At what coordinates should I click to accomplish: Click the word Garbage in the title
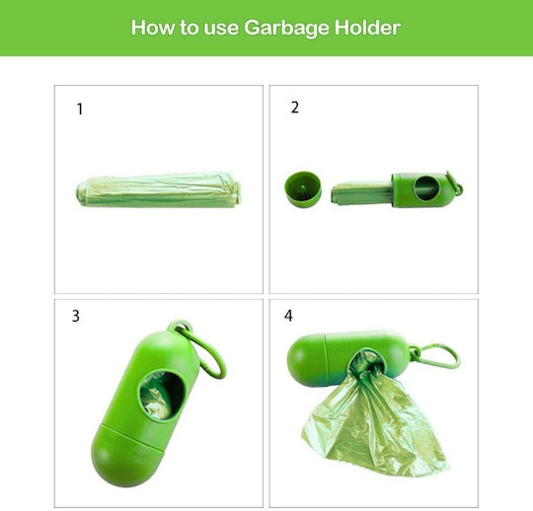tap(286, 28)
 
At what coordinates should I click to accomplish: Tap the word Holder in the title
tap(367, 28)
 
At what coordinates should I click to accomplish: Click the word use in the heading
tap(221, 29)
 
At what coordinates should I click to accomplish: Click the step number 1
tap(80, 109)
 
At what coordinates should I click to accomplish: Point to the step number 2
tap(295, 108)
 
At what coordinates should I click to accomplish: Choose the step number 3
tap(76, 316)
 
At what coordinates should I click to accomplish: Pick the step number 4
tap(288, 316)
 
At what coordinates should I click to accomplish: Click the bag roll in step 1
tap(158, 190)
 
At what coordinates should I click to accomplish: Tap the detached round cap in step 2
tap(303, 188)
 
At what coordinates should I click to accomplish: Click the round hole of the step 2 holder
tap(426, 187)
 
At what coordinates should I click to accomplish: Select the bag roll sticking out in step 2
tap(361, 193)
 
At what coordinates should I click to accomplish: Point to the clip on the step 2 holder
tap(455, 183)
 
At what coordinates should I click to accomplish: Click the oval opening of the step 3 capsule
tap(162, 396)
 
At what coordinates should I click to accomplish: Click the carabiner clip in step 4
tap(438, 354)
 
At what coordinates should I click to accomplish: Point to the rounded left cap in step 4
tap(307, 360)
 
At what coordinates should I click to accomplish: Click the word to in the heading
tap(189, 28)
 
